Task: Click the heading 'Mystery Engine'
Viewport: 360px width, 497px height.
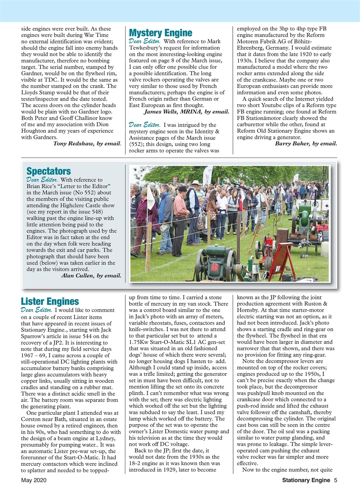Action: [x=160, y=33]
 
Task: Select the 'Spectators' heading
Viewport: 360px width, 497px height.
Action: [x=48, y=171]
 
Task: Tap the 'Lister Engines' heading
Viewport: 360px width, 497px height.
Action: [x=50, y=301]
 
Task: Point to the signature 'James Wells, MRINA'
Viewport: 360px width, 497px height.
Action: [x=173, y=112]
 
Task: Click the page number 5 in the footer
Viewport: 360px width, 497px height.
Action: [x=335, y=480]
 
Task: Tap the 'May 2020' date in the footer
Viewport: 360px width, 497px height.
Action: [x=34, y=480]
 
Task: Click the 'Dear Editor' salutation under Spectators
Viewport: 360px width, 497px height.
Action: [x=42, y=180]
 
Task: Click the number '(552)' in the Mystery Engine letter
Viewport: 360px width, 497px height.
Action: [x=137, y=144]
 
